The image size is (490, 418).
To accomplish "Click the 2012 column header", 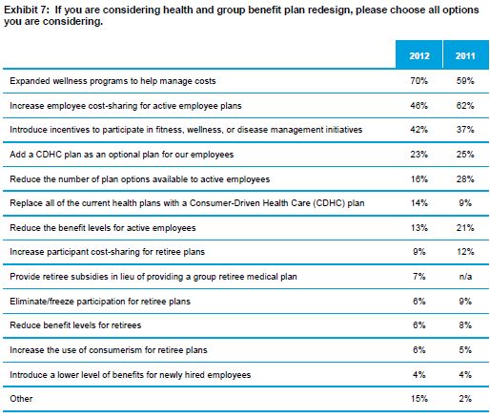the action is pos(419,56).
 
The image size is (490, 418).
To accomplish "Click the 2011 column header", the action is pos(465,56).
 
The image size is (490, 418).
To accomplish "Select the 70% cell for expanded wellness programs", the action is pos(419,81).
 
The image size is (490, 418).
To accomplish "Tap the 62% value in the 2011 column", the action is pos(465,105).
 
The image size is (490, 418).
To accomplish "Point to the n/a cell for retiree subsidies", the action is pos(465,277).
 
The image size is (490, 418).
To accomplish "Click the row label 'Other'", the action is pos(21,399).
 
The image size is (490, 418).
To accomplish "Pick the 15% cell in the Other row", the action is pos(419,399).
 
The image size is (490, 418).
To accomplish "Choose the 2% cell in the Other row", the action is pos(465,399).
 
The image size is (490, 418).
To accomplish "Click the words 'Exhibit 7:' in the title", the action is pos(27,10).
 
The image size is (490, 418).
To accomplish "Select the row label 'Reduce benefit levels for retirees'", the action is pos(75,325).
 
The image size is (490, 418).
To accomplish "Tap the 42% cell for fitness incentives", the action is pos(419,130).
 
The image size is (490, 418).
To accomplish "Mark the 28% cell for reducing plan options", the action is pos(465,178).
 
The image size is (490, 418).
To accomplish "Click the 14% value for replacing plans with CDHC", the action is pos(419,203).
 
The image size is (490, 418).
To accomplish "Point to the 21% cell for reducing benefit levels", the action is pos(465,228).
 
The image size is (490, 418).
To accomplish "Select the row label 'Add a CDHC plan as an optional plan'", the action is pos(122,155).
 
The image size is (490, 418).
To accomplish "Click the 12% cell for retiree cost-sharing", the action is pos(465,252).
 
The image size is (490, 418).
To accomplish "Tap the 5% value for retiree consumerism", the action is pos(465,350).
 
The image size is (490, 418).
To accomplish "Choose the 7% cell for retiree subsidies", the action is pos(419,277).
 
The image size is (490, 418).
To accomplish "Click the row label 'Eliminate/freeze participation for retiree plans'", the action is pos(100,301).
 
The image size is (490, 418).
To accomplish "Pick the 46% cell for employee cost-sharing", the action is pos(419,105).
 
